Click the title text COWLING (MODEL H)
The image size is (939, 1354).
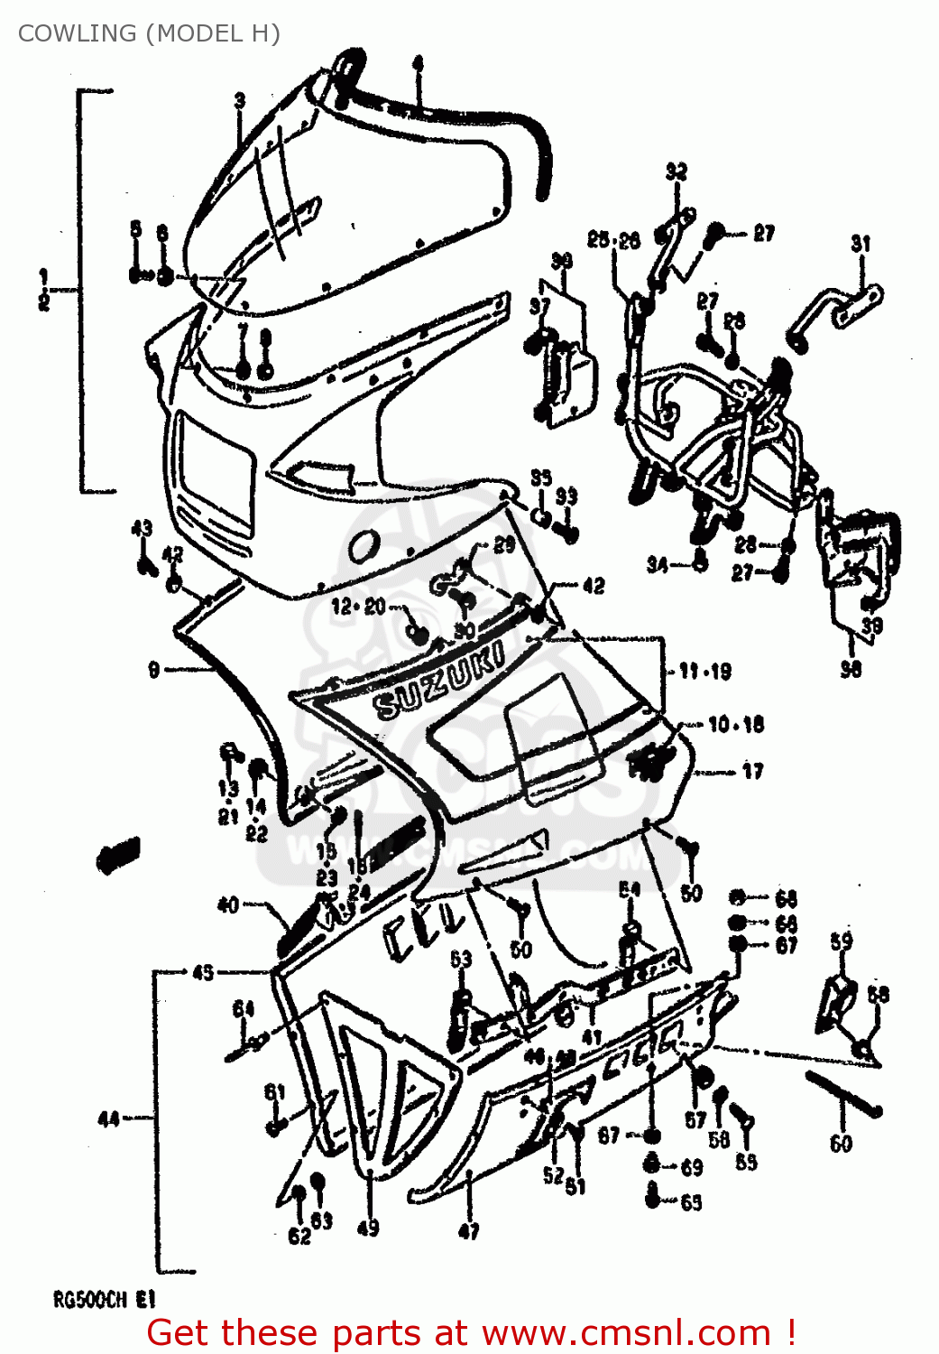coord(149,33)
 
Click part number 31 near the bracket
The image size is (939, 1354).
coord(861,244)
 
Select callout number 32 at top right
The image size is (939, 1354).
coord(676,172)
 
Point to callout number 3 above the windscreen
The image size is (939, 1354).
coord(240,100)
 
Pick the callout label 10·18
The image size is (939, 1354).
coord(735,724)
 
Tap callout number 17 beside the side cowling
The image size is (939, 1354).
coord(752,771)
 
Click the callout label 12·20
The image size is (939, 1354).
coord(358,607)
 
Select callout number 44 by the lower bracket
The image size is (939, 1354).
coord(108,1119)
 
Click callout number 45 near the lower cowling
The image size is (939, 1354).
coord(203,972)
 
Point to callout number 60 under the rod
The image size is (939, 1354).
coord(841,1144)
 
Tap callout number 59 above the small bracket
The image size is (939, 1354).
coord(841,941)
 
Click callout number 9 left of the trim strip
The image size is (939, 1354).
coord(153,669)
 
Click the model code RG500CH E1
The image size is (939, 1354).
coord(105,1300)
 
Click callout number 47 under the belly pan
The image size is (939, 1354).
coord(469,1230)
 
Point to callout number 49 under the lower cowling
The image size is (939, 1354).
coord(368,1228)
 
